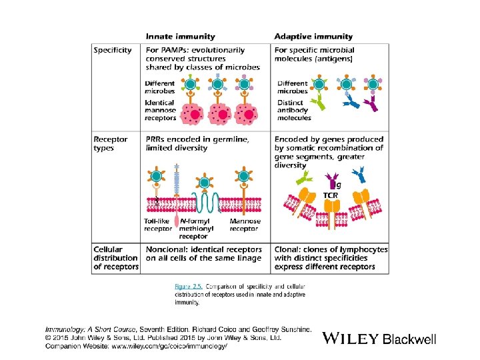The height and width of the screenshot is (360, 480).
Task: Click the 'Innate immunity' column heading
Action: (x=180, y=37)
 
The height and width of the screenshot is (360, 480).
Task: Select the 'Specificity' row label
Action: (x=113, y=51)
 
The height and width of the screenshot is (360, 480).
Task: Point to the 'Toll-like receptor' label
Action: (x=158, y=225)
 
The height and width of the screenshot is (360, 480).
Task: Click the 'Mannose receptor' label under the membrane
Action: (x=245, y=225)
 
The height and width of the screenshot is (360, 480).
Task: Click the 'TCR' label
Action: (x=331, y=195)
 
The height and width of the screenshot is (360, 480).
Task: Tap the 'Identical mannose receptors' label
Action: (x=161, y=110)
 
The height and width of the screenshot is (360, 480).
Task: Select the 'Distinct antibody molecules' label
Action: (x=294, y=110)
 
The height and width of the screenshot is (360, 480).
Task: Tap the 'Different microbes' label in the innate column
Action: (x=160, y=87)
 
